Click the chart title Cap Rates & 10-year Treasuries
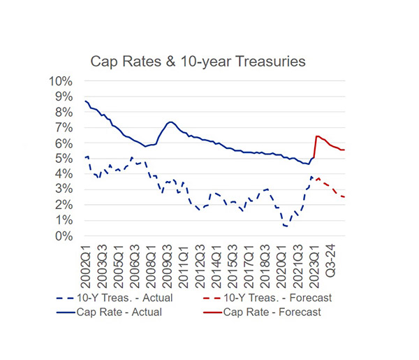coord(198,62)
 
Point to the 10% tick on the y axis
coord(61,80)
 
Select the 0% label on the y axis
coord(64,236)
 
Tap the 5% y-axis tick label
coord(64,159)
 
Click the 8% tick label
coord(64,112)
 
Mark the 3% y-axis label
coord(64,189)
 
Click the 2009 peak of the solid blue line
coord(170,122)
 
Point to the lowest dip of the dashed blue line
coord(287,226)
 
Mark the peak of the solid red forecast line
coord(317,136)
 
